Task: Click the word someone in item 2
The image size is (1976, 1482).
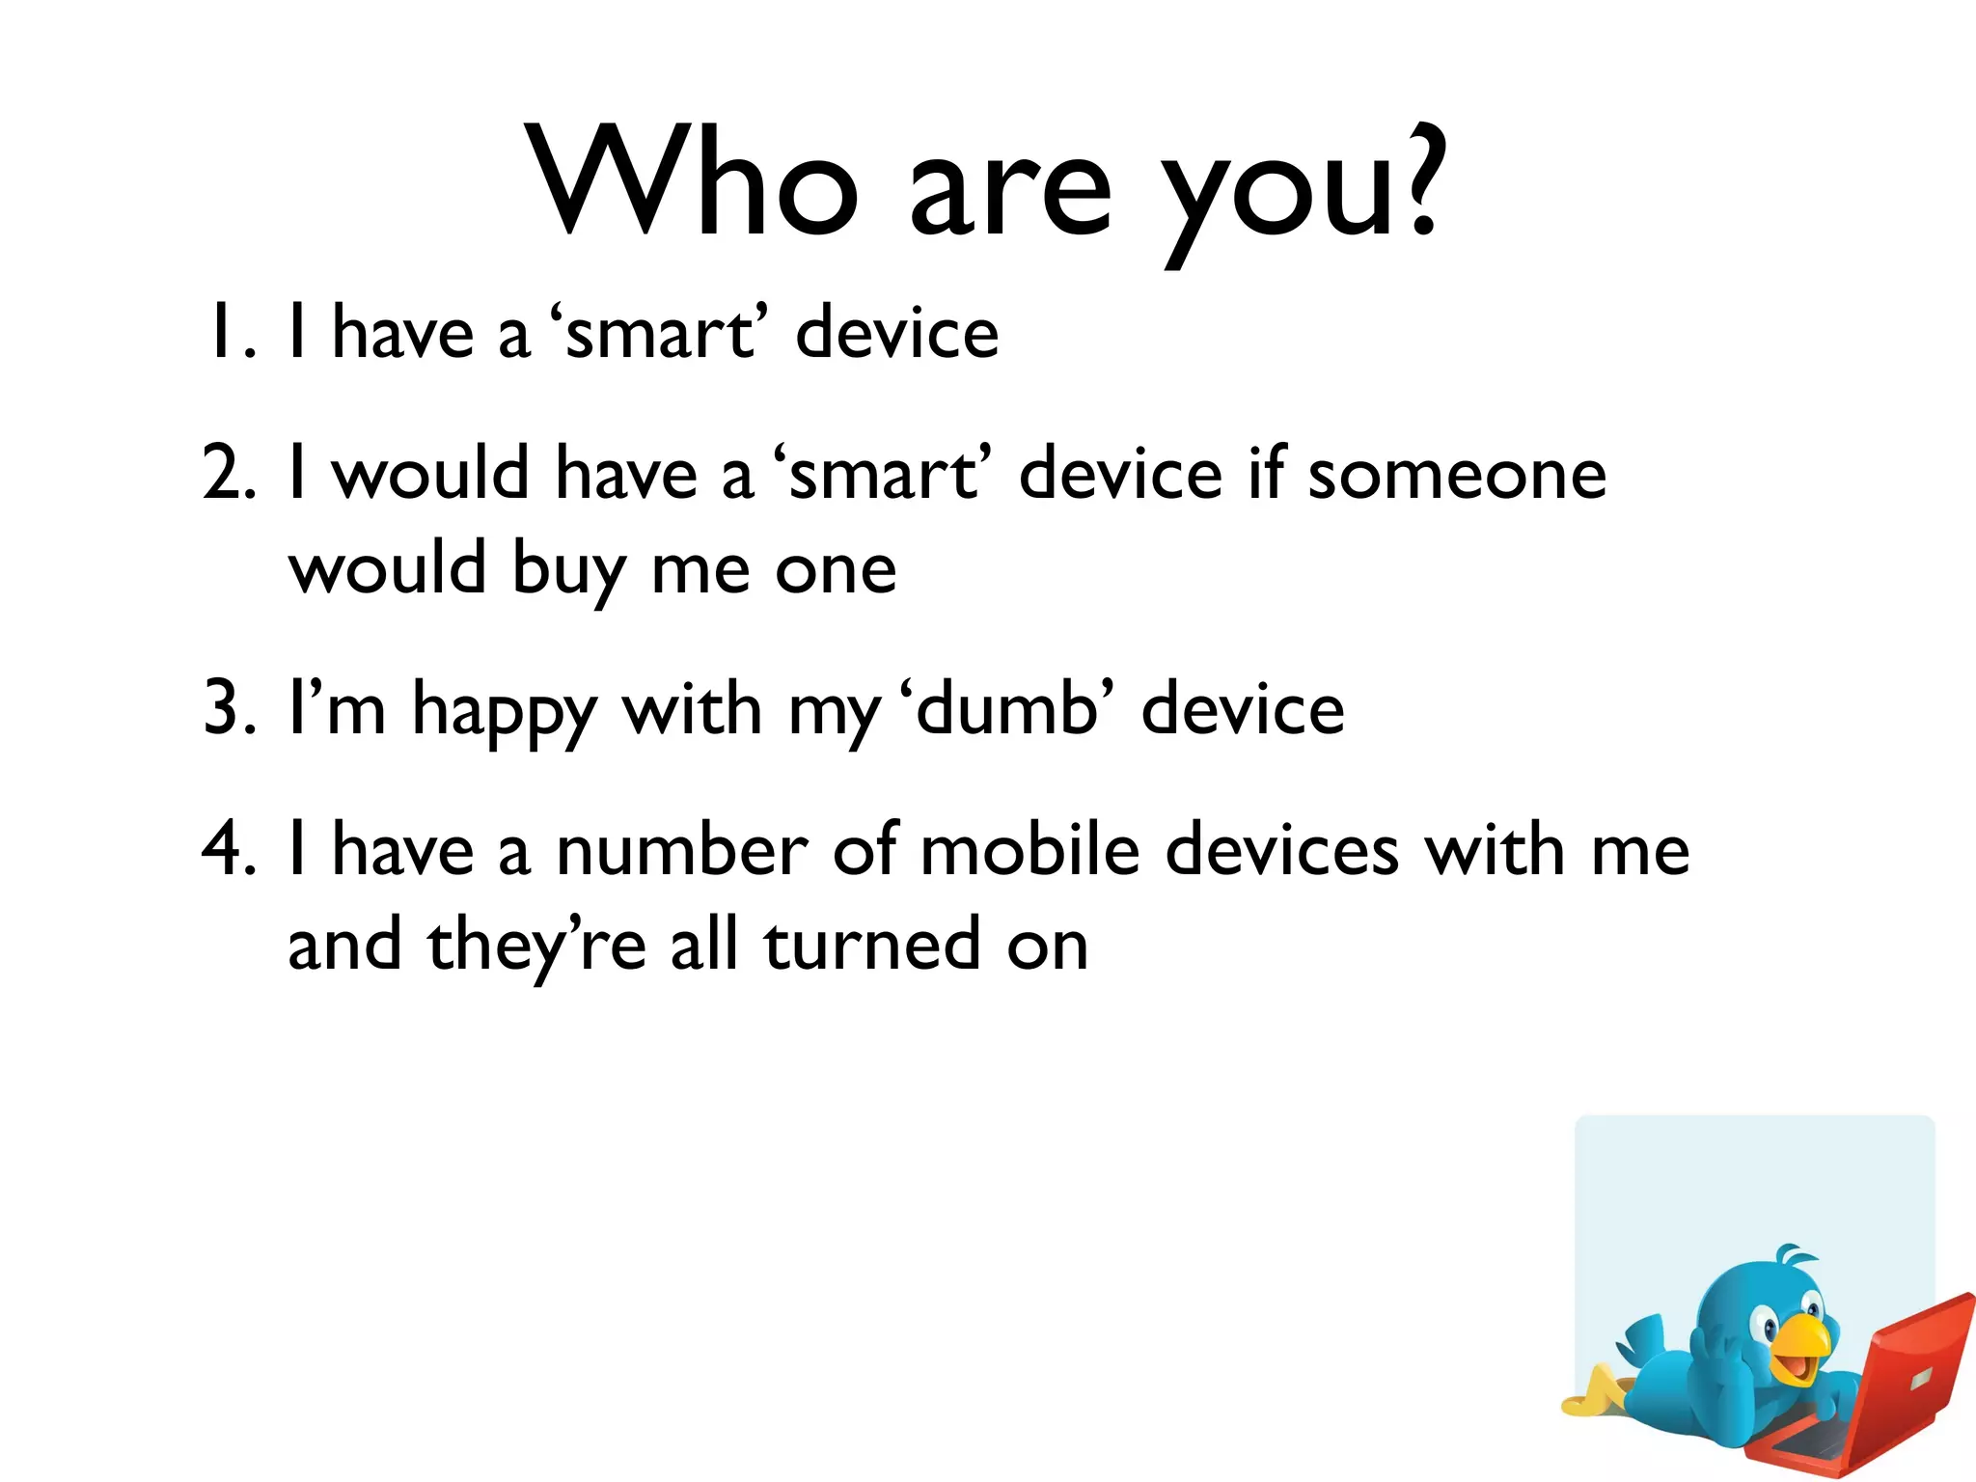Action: pyautogui.click(x=1457, y=475)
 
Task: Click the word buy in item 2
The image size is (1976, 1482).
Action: pyautogui.click(x=568, y=571)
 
